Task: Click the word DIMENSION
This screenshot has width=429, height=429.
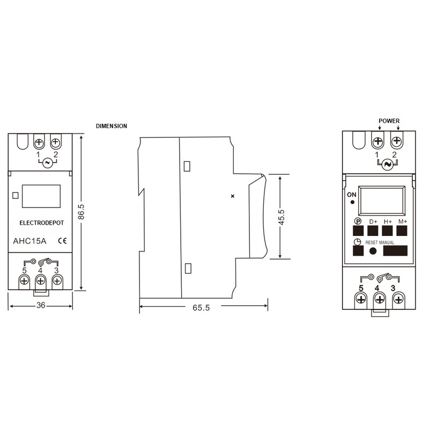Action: tap(112, 126)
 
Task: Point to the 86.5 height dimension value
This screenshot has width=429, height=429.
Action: tap(81, 212)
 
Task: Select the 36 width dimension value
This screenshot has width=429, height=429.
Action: tap(40, 305)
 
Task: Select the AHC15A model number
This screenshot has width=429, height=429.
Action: tap(29, 241)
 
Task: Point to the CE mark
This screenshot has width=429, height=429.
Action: tap(62, 241)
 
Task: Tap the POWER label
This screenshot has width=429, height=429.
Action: tap(389, 121)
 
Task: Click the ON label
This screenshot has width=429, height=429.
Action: tap(352, 194)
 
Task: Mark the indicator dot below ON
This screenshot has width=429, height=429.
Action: tap(352, 202)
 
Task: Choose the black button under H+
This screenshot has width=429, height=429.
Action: tap(388, 231)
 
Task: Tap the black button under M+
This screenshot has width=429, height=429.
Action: tap(403, 231)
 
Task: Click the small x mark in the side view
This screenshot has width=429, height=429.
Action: tap(232, 196)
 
